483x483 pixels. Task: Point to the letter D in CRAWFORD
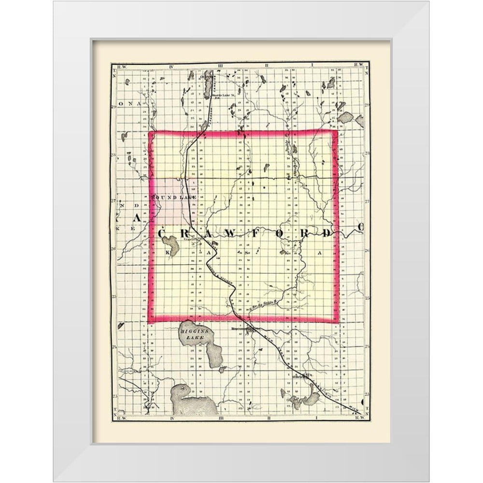327,234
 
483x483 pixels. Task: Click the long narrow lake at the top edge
208,77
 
